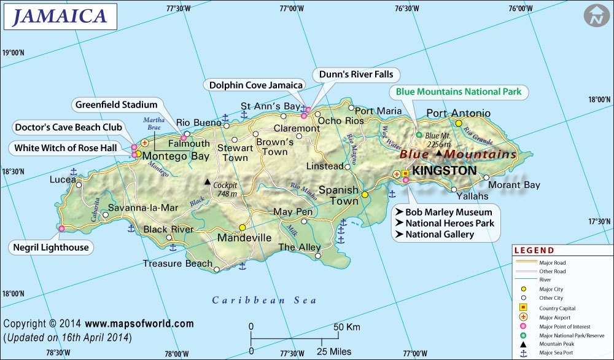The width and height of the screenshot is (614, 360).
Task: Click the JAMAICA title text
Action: tap(60, 17)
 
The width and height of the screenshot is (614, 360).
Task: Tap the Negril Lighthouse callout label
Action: tap(52, 248)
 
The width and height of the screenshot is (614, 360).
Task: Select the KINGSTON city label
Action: tap(445, 170)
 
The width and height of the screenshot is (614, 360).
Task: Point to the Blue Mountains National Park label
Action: tap(458, 92)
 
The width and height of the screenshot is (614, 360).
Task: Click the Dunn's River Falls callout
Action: tap(356, 75)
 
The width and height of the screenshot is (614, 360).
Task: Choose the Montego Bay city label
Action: tap(176, 156)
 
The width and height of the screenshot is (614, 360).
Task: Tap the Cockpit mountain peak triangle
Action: tap(208, 182)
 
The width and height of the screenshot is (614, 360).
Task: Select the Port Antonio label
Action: tap(458, 113)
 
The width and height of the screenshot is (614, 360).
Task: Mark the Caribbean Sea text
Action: tap(264, 300)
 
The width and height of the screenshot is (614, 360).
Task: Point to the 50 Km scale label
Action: tap(347, 327)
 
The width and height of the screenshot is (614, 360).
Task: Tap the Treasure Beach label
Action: tap(177, 264)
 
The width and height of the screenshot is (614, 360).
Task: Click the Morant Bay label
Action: tap(514, 185)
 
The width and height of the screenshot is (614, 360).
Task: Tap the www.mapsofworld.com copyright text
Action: tap(139, 324)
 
